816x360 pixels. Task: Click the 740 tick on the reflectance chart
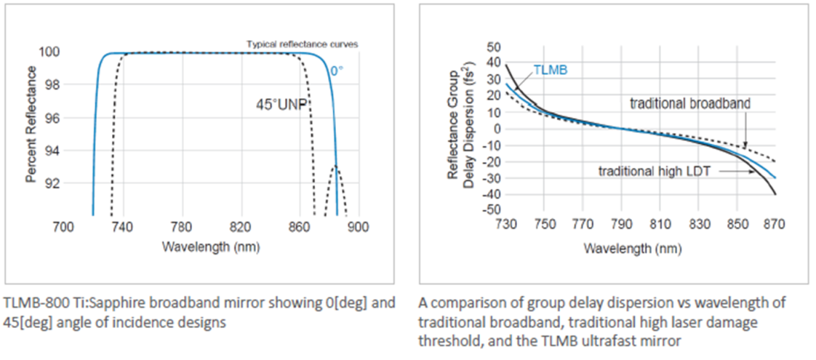click(123, 228)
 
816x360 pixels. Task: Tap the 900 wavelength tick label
click(358, 228)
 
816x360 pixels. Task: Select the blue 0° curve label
click(337, 71)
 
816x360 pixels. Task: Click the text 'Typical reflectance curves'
click(302, 45)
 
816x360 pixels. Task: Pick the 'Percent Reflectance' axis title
click(32, 124)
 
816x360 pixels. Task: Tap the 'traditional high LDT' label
click(654, 171)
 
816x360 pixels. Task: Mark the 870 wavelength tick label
click(775, 224)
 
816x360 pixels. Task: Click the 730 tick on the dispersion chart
click(504, 224)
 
